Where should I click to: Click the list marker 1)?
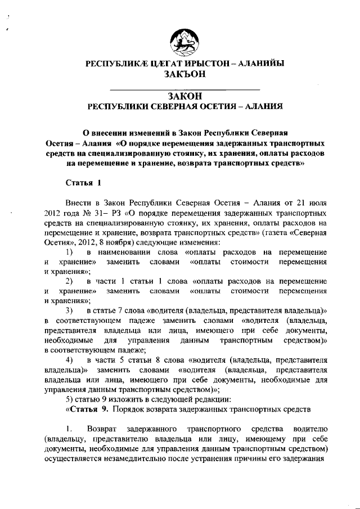(x=70, y=251)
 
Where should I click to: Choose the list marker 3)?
(x=70, y=310)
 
